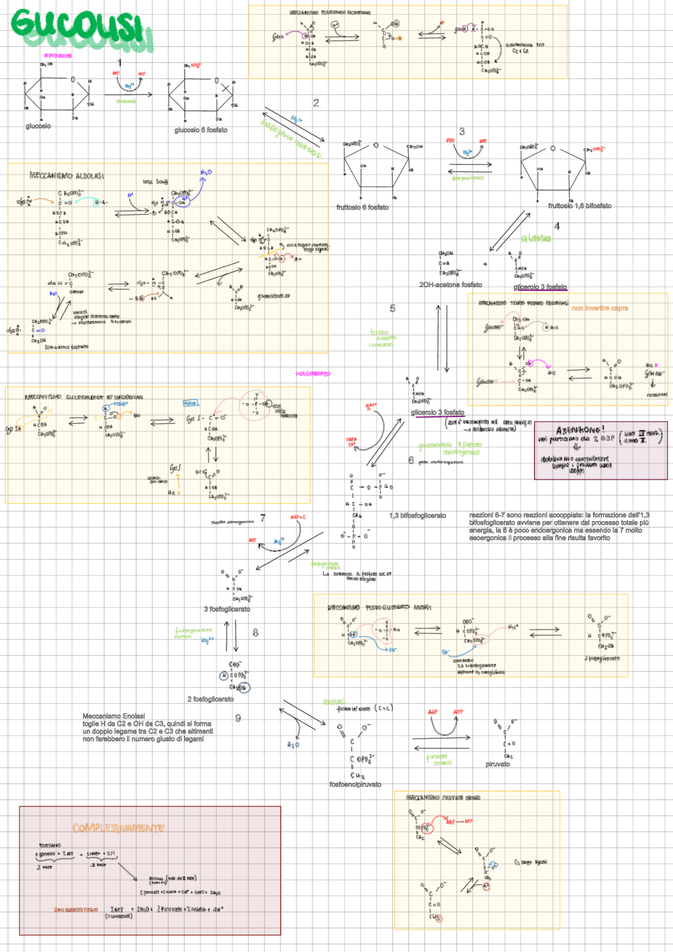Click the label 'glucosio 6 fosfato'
coord(201,130)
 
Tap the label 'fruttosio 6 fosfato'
coord(362,208)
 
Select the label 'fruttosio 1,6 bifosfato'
coord(579,206)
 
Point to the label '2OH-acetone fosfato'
coord(450,285)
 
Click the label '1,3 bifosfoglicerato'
coord(417,516)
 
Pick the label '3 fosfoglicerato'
coord(227,609)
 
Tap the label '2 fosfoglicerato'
coord(210,699)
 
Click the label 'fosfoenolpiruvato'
coord(355,784)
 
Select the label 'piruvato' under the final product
coord(497,764)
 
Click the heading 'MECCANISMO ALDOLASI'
coord(67,176)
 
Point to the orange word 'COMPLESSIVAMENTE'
coord(118,828)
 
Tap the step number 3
coord(462,131)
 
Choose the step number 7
coord(263,518)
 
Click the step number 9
coord(238,718)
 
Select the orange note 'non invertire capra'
coord(599,308)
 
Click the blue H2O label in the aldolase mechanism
coord(206,172)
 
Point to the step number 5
coord(392,309)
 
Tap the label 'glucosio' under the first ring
coord(38,126)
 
